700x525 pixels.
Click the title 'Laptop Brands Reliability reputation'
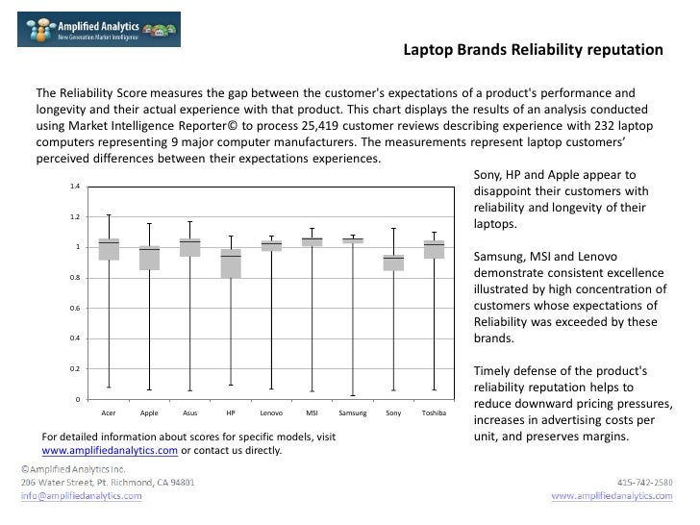(532, 49)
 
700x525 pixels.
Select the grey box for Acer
(109, 249)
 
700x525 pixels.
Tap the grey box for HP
(231, 263)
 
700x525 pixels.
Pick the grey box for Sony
(393, 262)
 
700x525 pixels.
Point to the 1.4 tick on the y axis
(75, 187)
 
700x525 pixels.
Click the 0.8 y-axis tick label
(75, 279)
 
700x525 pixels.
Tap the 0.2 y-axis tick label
(75, 369)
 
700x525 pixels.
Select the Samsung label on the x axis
(353, 413)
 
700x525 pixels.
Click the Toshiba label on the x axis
(434, 413)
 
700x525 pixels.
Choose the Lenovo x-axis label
(271, 413)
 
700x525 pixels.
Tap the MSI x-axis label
(312, 413)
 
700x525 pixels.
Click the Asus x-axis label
(189, 413)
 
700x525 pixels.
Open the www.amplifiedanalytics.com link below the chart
(110, 450)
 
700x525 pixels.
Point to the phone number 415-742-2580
(645, 482)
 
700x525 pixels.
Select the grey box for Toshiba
(434, 249)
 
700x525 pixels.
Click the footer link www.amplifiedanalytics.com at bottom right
(611, 496)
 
